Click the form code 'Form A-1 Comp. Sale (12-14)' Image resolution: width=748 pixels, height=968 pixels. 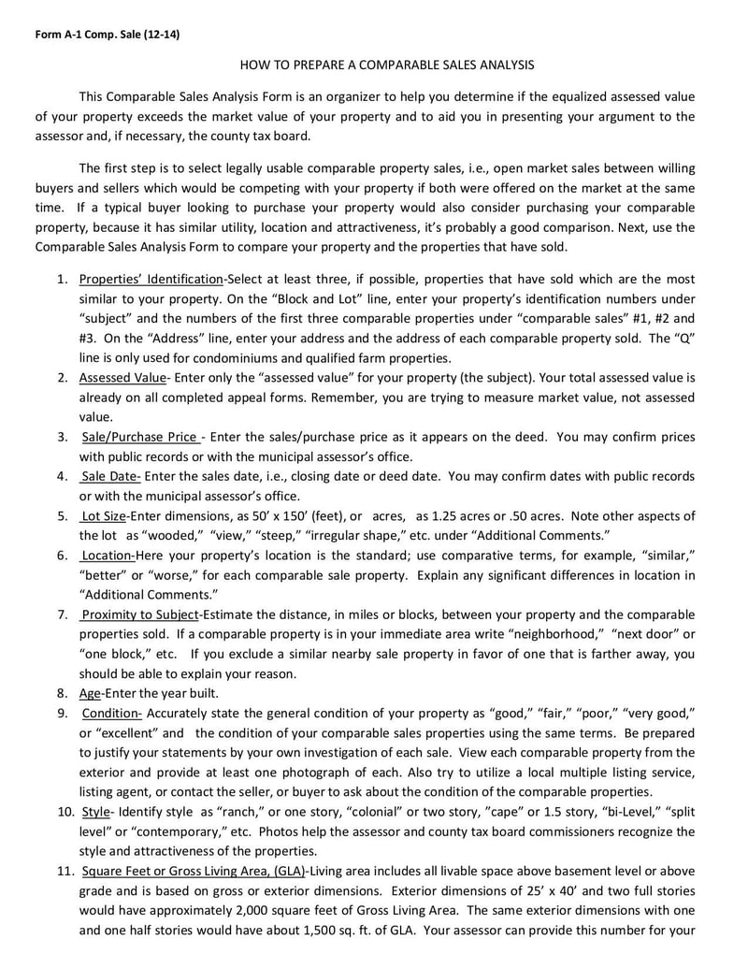point(108,35)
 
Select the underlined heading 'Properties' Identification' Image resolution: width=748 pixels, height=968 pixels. point(151,280)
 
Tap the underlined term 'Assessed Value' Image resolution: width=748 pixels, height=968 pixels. point(122,378)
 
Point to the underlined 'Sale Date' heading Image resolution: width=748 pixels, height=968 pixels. point(110,476)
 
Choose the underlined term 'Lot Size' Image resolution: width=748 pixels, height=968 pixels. point(103,515)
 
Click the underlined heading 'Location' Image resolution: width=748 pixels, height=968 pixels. point(107,555)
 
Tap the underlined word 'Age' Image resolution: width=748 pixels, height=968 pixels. point(90,693)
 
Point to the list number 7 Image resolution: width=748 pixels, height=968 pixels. point(62,614)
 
